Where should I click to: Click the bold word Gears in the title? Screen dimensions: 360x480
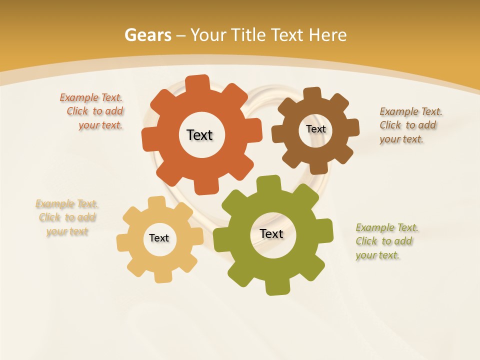tap(147, 35)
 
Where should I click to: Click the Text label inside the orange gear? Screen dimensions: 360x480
tap(199, 135)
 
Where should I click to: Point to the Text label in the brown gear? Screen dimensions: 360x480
tap(315, 129)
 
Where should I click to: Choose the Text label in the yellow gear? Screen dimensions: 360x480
tap(159, 238)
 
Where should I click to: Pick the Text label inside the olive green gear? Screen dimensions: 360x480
tap(271, 233)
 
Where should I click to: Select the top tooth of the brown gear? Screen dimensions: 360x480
tap(312, 93)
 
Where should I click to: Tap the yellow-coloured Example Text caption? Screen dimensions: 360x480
tap(67, 217)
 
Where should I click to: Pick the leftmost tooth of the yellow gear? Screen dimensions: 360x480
tap(122, 242)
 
